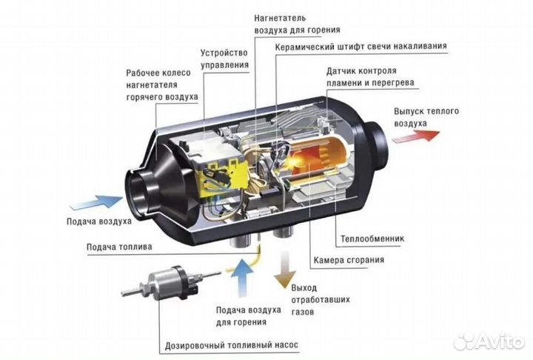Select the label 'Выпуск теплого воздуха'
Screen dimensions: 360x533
click(426, 116)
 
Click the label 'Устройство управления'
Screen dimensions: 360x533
click(224, 59)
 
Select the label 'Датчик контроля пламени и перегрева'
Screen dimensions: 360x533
click(369, 77)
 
